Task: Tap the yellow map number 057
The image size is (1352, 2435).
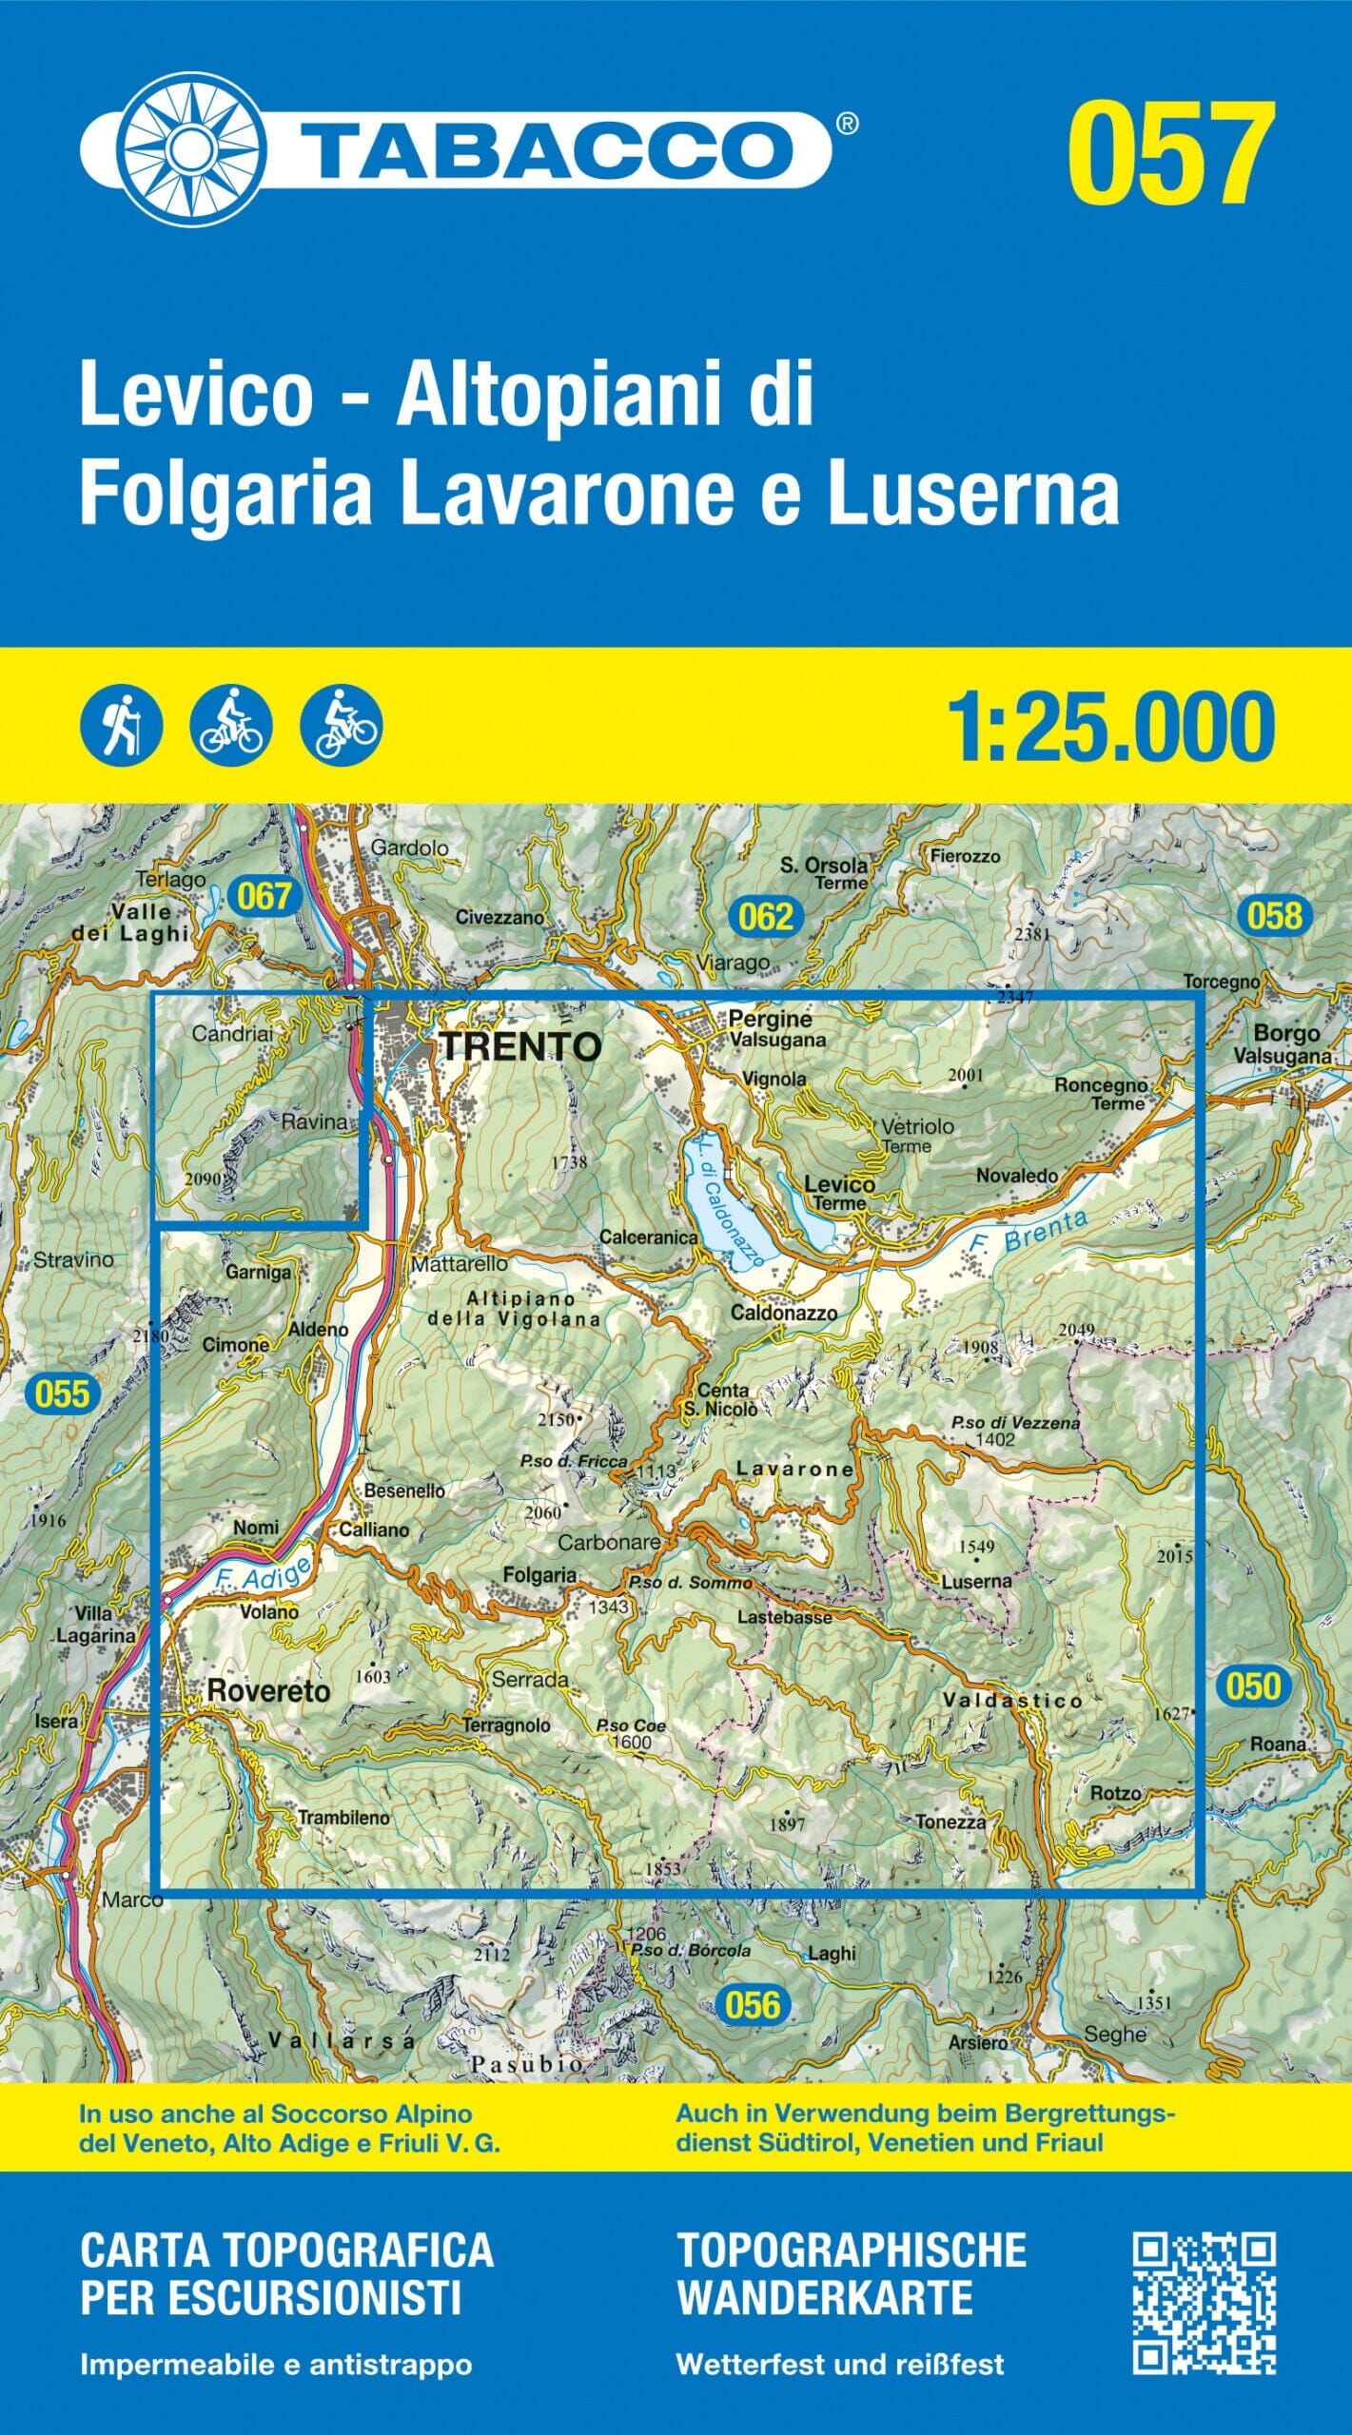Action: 1169,156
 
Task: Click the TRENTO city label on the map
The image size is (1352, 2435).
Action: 520,1047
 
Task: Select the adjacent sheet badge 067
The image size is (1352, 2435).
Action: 264,896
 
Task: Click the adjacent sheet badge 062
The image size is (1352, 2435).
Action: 765,916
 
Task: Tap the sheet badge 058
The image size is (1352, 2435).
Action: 1274,915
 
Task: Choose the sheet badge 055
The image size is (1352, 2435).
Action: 62,1394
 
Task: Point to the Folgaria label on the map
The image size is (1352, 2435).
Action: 539,1575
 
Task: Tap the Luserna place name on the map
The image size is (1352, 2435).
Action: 976,1581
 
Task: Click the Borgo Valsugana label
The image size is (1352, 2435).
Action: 1284,1043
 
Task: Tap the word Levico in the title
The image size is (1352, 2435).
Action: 196,398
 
